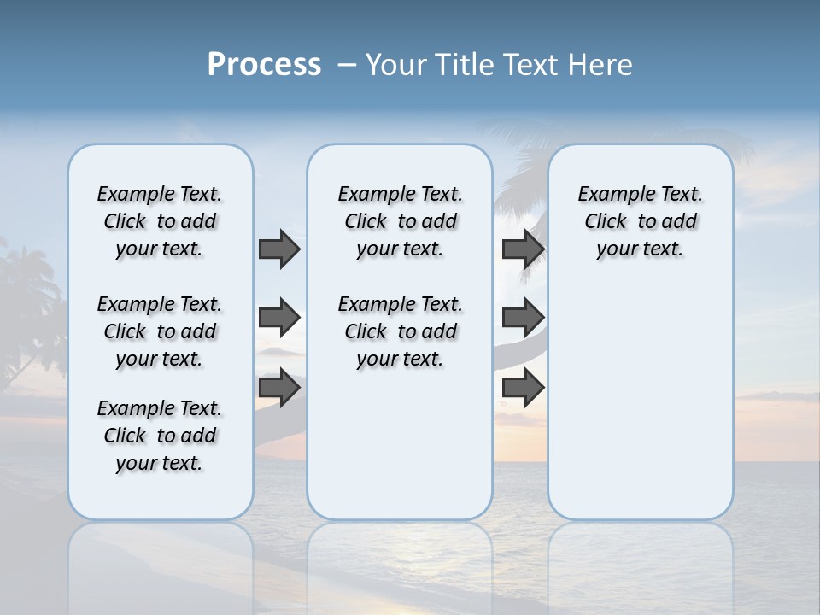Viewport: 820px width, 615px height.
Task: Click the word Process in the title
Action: point(264,65)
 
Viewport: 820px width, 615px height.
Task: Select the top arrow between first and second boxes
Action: point(279,249)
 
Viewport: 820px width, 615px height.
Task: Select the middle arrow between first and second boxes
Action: point(279,318)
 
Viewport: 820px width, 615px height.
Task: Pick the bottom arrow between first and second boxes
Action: point(279,388)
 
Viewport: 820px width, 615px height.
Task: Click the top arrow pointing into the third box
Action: point(523,249)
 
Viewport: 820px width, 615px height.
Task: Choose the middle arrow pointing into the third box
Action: point(523,318)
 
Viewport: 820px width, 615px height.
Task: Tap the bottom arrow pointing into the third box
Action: point(523,388)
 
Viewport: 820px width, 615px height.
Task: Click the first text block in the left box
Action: point(160,221)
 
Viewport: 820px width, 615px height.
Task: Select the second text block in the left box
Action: point(160,331)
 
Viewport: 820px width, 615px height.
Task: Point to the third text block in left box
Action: point(160,436)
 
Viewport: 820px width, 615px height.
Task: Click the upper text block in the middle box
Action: point(400,221)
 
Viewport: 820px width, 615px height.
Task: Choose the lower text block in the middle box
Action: point(400,331)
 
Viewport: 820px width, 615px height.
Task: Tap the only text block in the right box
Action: point(640,221)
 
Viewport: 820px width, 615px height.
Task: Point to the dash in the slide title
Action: point(347,65)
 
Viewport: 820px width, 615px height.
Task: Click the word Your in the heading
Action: point(395,65)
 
